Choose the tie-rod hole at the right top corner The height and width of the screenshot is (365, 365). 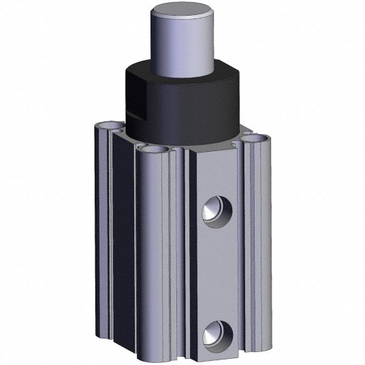coord(256,138)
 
